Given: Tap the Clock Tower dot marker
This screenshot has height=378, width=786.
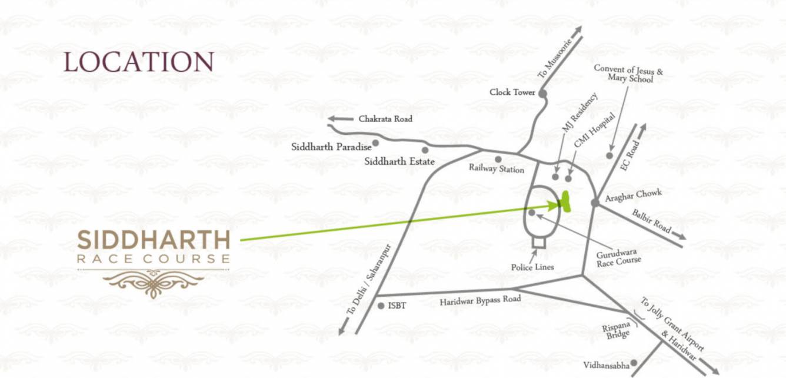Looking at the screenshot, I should click(x=542, y=93).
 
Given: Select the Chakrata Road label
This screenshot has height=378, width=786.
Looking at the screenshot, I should click(x=385, y=119).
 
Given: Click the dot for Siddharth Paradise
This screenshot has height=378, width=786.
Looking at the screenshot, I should click(x=375, y=142).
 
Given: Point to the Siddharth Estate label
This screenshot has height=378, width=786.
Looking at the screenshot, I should click(x=399, y=161).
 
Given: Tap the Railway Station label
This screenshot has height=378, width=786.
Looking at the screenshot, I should click(x=496, y=169).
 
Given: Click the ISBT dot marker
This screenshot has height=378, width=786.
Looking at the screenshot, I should click(x=381, y=306).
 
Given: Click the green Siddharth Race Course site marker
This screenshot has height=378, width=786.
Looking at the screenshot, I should click(x=565, y=202).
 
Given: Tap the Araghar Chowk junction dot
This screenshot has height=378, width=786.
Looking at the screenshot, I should click(x=595, y=203).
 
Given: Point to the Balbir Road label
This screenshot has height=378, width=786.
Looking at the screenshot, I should click(x=651, y=221).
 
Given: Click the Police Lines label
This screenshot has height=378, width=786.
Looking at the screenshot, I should click(x=532, y=267).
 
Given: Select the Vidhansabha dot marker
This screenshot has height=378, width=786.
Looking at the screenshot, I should click(x=634, y=363).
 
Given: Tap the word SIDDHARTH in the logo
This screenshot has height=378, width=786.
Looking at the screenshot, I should click(x=154, y=240).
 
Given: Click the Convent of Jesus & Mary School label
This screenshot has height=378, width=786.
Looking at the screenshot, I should click(x=628, y=74).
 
